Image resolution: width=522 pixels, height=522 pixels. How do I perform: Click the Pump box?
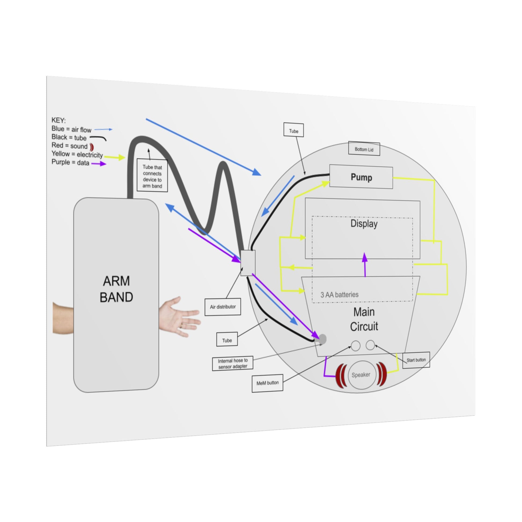361,177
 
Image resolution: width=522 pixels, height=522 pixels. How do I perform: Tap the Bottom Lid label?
364,149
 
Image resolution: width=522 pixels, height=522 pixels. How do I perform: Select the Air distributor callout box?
223,307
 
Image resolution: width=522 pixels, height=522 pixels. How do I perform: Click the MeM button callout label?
267,383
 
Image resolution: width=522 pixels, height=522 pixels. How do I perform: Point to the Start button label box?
416,360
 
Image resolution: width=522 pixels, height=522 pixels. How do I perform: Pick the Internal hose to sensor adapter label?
233,363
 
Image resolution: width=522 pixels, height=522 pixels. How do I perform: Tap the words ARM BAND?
116,289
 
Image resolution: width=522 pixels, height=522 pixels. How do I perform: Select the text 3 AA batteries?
339,295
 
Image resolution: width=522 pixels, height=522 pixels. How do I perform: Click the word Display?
364,224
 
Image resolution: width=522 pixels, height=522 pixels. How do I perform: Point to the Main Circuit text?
364,319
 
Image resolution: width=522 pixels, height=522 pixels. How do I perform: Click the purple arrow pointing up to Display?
365,265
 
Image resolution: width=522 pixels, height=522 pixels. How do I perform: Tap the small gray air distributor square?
248,263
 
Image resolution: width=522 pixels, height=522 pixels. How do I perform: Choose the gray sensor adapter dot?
322,339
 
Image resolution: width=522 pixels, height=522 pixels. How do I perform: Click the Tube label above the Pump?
293,131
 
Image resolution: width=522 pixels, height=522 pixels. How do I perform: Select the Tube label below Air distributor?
227,340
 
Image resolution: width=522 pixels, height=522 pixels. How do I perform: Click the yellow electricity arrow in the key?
115,157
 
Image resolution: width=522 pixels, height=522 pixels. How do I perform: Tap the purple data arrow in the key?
99,163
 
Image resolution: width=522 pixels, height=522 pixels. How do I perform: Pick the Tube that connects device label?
152,176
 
